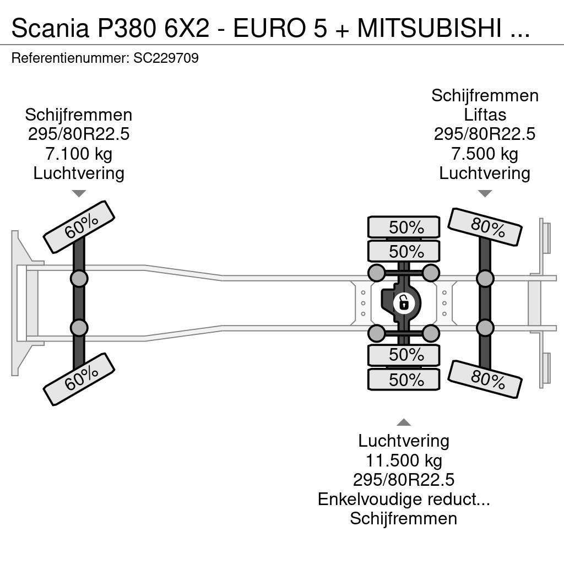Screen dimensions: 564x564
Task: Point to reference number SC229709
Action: pyautogui.click(x=166, y=58)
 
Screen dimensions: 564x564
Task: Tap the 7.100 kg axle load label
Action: pyautogui.click(x=78, y=154)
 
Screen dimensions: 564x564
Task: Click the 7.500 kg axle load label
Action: pyautogui.click(x=484, y=154)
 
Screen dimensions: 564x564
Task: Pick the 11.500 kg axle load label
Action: pyautogui.click(x=404, y=460)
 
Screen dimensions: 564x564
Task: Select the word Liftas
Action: pyautogui.click(x=485, y=115)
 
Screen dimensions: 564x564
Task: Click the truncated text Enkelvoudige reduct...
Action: pyautogui.click(x=404, y=499)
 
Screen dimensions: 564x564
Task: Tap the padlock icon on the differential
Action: pyautogui.click(x=403, y=303)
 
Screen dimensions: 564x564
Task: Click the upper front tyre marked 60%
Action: pyautogui.click(x=79, y=227)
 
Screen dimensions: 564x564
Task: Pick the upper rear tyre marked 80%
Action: pyautogui.click(x=485, y=227)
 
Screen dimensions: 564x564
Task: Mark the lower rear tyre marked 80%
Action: pyautogui.click(x=485, y=379)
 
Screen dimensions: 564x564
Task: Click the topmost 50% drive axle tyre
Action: pyautogui.click(x=404, y=227)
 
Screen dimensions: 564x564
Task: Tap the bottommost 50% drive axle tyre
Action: pyautogui.click(x=404, y=379)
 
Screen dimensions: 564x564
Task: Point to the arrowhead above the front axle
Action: pyautogui.click(x=79, y=193)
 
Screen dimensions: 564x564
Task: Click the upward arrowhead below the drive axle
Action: pyautogui.click(x=404, y=422)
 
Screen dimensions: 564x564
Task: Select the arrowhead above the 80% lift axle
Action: pyautogui.click(x=485, y=193)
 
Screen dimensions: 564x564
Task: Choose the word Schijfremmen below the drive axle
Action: pyautogui.click(x=404, y=518)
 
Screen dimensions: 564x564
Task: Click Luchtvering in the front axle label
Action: pyautogui.click(x=78, y=173)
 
